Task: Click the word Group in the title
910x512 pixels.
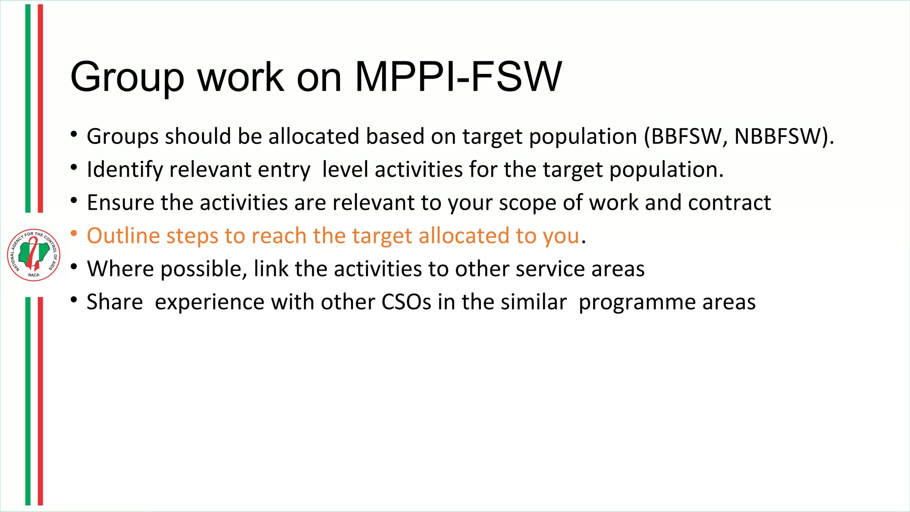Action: (127, 78)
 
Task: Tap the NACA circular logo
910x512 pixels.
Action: (34, 255)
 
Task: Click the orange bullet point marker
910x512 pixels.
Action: (74, 233)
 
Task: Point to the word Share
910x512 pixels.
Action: (115, 302)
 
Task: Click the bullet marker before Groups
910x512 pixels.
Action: (74, 134)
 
